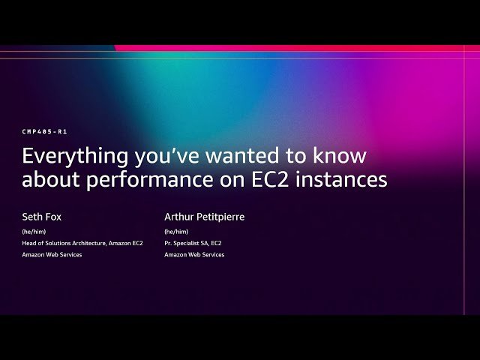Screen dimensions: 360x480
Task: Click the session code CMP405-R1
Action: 45,131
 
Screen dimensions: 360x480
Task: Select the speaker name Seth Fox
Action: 42,217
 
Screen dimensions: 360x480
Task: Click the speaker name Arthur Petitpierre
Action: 205,217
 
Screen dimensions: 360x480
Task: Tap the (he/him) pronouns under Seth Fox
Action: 34,232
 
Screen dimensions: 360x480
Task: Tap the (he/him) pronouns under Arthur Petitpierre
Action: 176,232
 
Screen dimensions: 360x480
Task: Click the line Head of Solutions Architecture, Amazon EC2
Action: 82,243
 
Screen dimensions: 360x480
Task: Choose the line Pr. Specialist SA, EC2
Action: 193,243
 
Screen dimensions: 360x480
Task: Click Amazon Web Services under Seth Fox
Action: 52,255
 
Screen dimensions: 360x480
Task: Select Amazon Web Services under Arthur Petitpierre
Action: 194,255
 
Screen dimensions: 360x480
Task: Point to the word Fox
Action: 54,217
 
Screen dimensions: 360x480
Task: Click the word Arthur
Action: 179,217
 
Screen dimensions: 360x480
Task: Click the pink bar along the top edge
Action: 300,48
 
